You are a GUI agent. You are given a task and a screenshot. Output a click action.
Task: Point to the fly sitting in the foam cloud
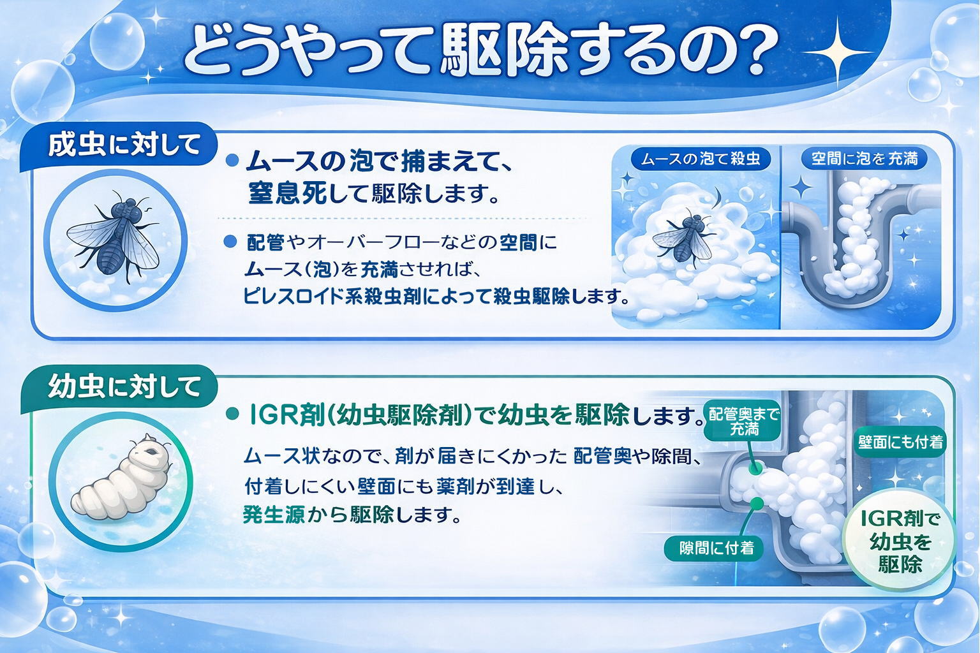pos(684,235)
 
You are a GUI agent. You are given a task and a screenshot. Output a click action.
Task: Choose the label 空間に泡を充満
pos(864,158)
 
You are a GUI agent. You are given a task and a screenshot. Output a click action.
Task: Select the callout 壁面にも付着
pos(900,442)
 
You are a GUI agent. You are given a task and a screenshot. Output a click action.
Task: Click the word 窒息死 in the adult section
pos(287,193)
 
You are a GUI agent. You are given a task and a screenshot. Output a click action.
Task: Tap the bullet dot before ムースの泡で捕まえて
pos(232,161)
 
